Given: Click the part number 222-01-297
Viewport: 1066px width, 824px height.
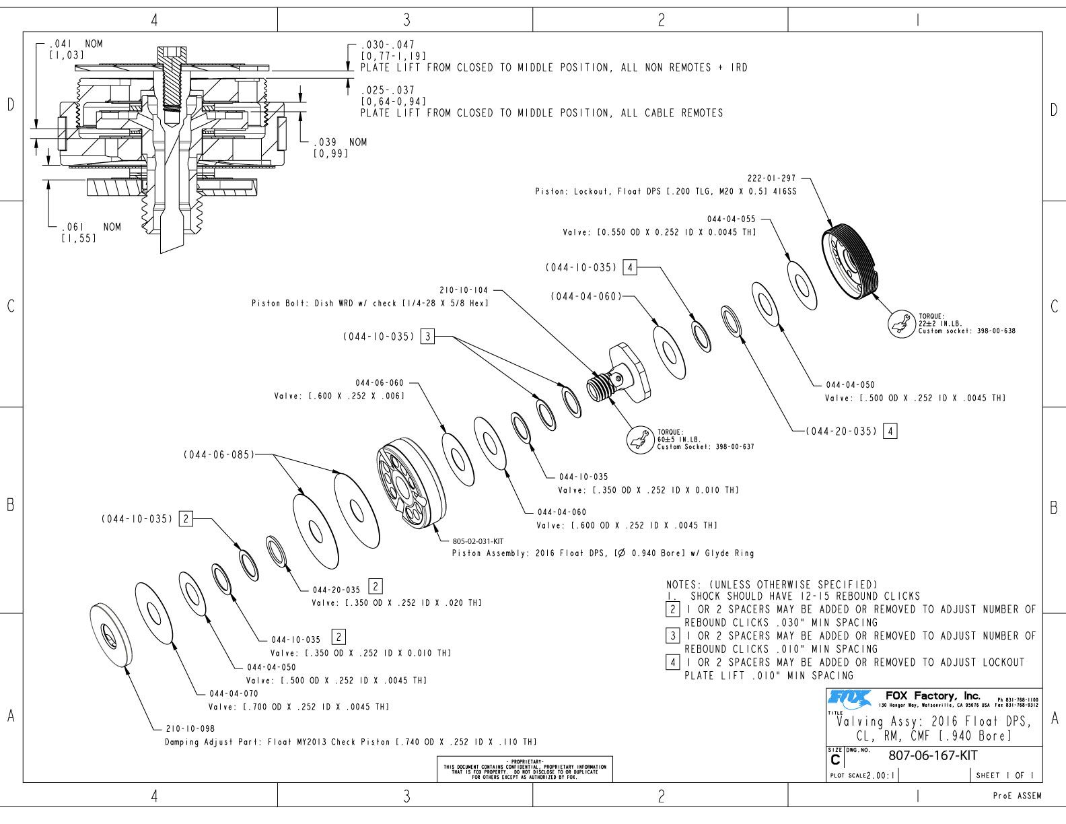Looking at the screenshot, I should pos(771,178).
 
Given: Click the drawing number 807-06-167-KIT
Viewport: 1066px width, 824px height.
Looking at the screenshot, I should pos(933,755).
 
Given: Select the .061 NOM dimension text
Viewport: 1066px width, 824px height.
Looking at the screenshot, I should pos(92,228).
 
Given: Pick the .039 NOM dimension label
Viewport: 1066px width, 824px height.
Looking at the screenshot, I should pos(341,143).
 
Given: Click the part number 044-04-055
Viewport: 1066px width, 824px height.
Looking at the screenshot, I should pos(731,219).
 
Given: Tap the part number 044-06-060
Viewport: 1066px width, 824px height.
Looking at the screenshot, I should pos(380,383).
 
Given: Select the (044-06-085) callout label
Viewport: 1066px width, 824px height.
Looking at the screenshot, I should pos(219,454).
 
